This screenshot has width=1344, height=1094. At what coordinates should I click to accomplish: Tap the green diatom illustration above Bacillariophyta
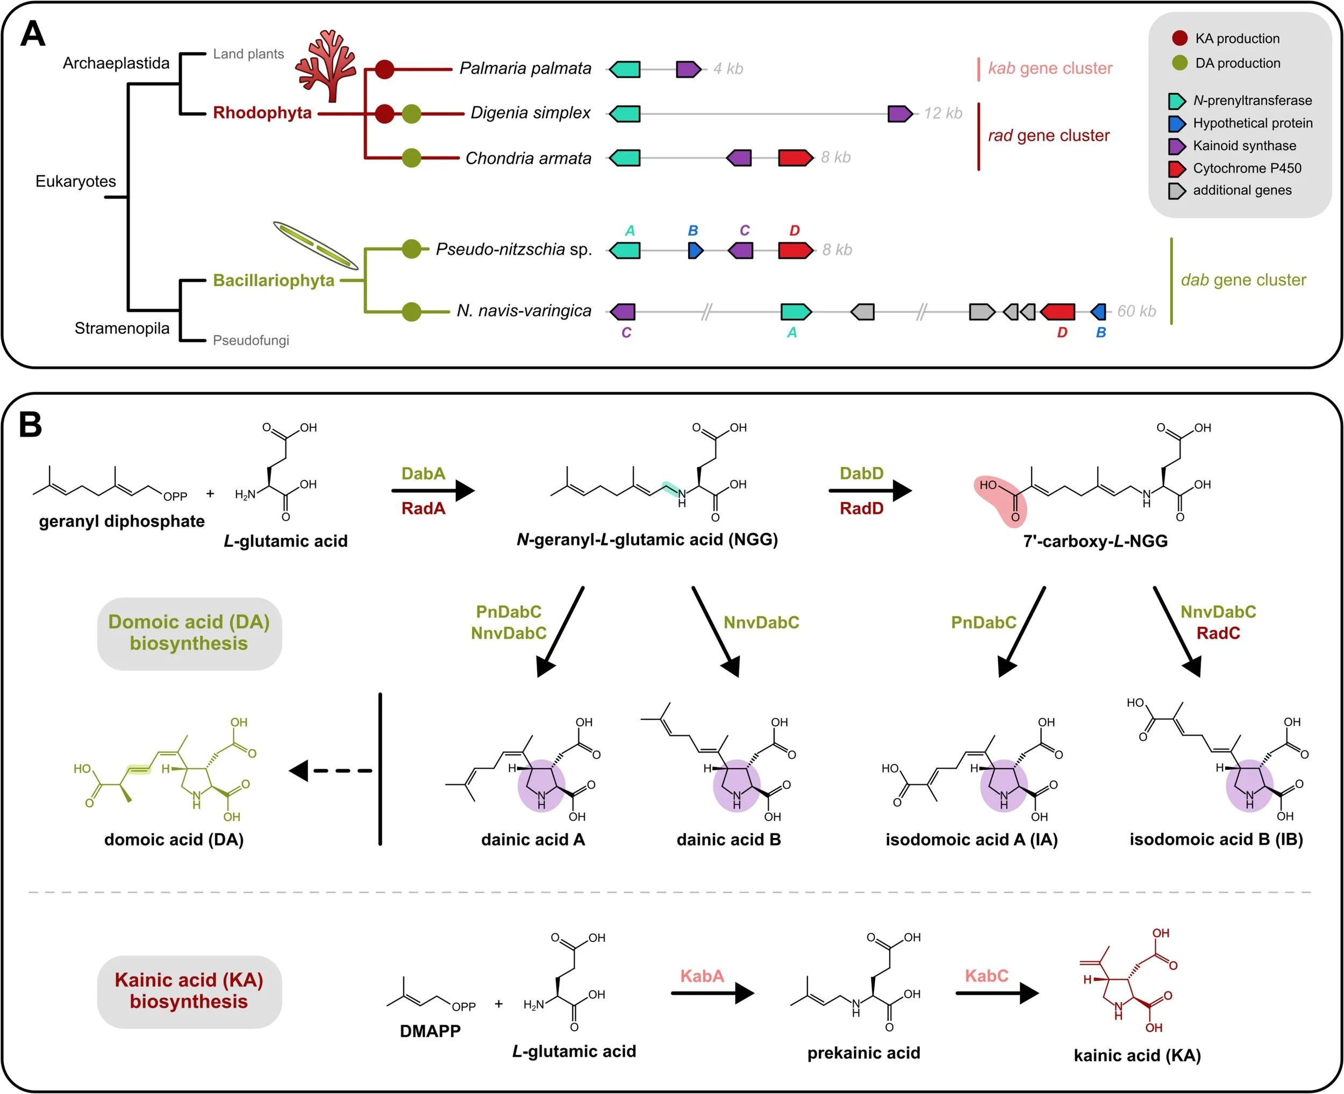[x=315, y=245]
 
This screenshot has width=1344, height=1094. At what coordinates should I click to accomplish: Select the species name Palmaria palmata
[x=525, y=68]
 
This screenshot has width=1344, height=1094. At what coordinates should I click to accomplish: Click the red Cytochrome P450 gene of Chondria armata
[x=795, y=158]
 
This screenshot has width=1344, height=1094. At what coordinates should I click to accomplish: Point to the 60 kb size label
[x=1136, y=311]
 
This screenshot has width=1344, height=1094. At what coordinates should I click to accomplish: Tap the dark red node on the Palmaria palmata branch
[x=384, y=69]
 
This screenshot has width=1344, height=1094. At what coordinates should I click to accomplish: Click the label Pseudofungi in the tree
[x=251, y=341]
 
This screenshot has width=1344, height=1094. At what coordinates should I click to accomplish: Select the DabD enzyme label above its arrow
[x=861, y=473]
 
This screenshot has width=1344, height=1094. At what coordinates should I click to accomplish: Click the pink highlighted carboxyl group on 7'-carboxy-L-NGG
[x=1000, y=499]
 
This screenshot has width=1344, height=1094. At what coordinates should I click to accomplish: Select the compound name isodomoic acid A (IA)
[x=971, y=839]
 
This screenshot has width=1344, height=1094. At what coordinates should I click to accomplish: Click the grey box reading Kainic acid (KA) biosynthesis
[x=189, y=991]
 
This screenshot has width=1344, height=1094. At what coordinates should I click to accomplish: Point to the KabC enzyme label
[x=986, y=976]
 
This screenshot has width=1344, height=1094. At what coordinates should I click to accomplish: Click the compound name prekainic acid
[x=863, y=1053]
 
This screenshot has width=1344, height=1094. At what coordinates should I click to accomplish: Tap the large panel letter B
[x=30, y=425]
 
